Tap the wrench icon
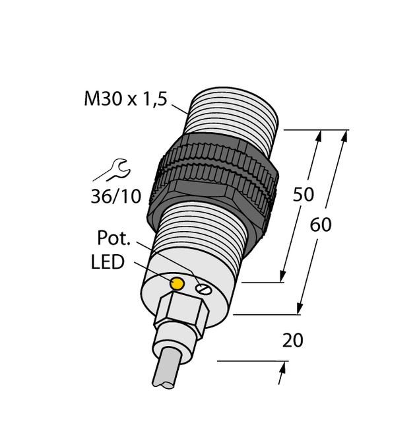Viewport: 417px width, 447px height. pos(112,169)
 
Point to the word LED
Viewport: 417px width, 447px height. pos(107,262)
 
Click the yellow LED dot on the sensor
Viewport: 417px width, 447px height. pos(177,284)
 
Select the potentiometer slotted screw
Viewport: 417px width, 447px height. pos(203,287)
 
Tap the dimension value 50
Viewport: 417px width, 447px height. pos(303,195)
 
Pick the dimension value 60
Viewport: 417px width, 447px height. pos(321,224)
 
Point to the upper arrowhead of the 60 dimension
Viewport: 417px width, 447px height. pos(342,135)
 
